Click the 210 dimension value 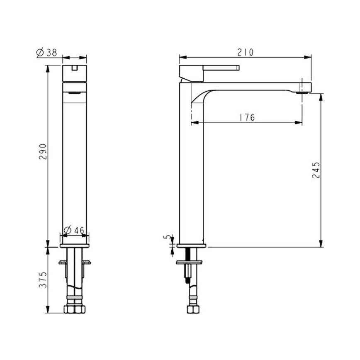click(246, 52)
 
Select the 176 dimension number click(247, 117)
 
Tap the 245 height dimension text click(316, 170)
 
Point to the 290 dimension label click(43, 152)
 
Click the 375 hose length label click(43, 280)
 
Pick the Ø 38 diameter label click(46, 53)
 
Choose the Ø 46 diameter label click(74, 230)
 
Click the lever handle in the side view click(209, 74)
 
